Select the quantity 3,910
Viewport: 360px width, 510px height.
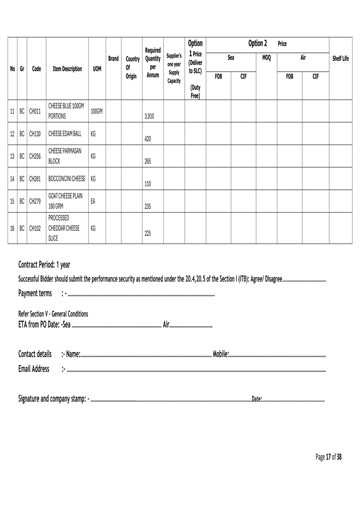coord(149,116)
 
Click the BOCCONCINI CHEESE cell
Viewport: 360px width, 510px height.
coord(67,178)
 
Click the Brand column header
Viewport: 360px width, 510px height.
coord(114,59)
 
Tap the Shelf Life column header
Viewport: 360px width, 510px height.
coord(341,59)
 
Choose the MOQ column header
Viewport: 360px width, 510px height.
coord(266,58)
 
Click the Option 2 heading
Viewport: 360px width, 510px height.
coord(257,43)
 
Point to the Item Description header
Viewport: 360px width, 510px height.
coord(67,69)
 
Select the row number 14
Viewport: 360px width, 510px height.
coord(12,178)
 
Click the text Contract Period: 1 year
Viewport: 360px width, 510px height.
coord(44,264)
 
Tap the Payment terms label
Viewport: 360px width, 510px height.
coord(35,293)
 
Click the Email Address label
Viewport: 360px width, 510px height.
coord(34,369)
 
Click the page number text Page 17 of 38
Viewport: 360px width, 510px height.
coord(329,457)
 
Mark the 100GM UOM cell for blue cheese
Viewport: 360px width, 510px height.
coord(97,111)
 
